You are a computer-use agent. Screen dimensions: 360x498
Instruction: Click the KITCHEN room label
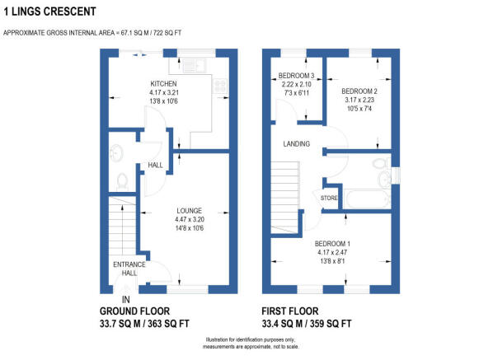pyautogui.click(x=163, y=84)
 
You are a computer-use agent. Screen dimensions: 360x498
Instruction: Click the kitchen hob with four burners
pyautogui.click(x=221, y=85)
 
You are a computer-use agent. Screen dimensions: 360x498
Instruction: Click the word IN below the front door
pyautogui.click(x=126, y=298)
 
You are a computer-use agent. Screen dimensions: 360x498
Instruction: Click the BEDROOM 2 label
pyautogui.click(x=359, y=91)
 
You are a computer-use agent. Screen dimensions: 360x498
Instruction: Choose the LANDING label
pyautogui.click(x=297, y=144)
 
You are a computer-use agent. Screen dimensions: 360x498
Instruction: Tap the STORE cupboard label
pyautogui.click(x=329, y=198)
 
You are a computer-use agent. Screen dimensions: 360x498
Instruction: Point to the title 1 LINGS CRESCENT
pyautogui.click(x=49, y=12)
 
